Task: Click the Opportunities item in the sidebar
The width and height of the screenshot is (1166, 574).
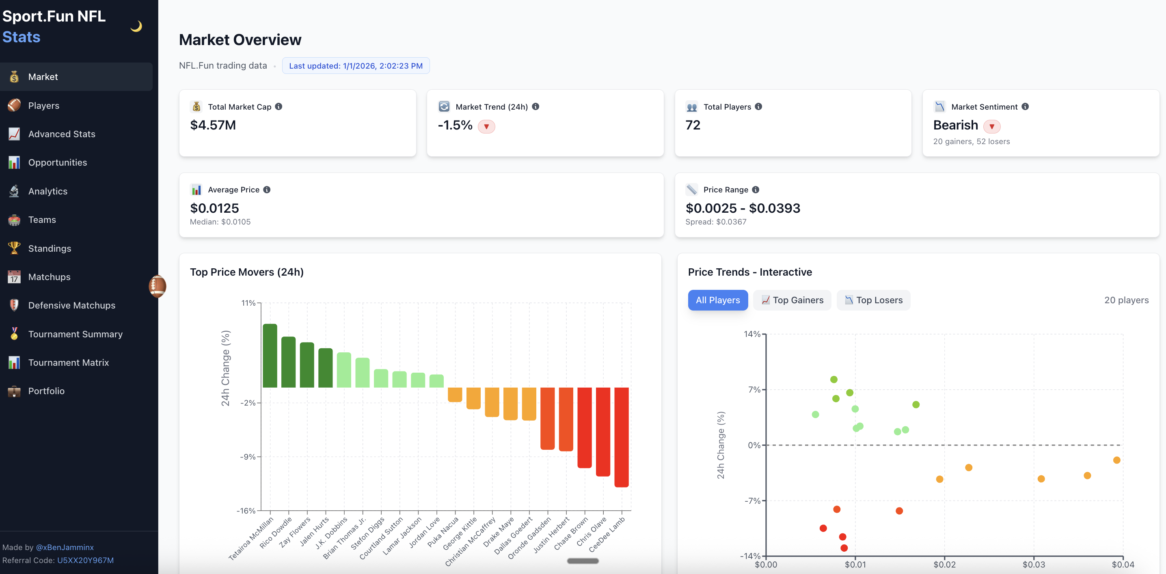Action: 58,162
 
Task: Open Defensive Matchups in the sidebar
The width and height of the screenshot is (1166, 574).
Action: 71,306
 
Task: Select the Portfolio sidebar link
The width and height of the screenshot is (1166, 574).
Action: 46,391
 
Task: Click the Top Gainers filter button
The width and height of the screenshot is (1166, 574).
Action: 792,300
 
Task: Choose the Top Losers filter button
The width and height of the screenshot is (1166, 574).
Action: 874,300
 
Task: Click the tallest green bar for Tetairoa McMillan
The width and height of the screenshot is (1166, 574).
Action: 270,355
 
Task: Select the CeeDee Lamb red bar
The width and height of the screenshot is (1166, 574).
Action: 622,437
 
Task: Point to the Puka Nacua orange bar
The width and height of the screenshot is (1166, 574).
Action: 455,394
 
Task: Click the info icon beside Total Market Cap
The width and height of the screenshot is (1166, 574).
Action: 279,106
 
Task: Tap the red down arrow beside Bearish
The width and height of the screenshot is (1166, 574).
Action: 992,126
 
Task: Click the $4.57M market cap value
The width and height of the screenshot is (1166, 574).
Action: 213,125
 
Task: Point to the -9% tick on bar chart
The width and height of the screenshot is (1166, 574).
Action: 248,457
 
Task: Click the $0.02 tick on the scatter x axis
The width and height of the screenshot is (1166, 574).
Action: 945,565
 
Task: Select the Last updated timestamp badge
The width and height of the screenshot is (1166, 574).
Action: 356,66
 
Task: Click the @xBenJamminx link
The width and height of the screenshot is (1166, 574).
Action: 65,547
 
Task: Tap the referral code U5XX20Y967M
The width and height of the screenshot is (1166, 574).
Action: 85,561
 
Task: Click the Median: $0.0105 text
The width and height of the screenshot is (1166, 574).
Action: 220,222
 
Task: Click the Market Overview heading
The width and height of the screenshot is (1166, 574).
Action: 240,40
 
